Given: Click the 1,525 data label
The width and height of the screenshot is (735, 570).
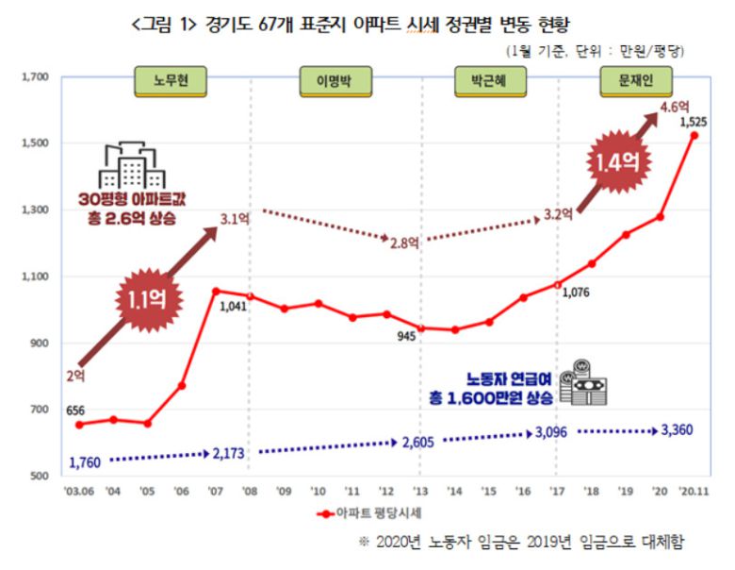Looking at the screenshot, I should (694, 122).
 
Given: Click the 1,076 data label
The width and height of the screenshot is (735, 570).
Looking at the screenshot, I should (577, 293).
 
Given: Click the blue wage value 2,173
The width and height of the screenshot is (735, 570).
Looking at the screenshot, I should (229, 454).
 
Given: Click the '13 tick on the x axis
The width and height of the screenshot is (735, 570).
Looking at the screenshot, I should (420, 492).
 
